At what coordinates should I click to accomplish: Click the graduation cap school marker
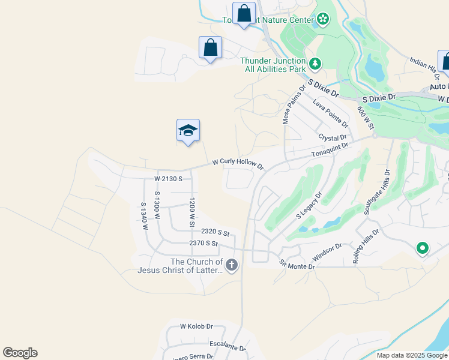click(188, 131)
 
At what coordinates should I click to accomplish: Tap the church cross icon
click(232, 265)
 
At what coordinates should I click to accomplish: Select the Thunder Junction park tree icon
click(315, 63)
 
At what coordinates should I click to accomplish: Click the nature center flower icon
click(323, 19)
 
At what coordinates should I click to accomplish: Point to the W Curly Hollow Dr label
click(238, 164)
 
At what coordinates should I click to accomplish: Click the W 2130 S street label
click(168, 179)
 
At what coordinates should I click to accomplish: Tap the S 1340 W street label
click(144, 216)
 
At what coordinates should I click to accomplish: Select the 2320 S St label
click(215, 232)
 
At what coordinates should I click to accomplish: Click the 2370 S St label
click(203, 244)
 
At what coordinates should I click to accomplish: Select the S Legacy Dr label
click(309, 205)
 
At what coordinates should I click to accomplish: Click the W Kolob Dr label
click(196, 326)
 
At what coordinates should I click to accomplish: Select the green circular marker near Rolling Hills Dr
click(422, 247)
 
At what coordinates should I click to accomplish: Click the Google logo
click(20, 353)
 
